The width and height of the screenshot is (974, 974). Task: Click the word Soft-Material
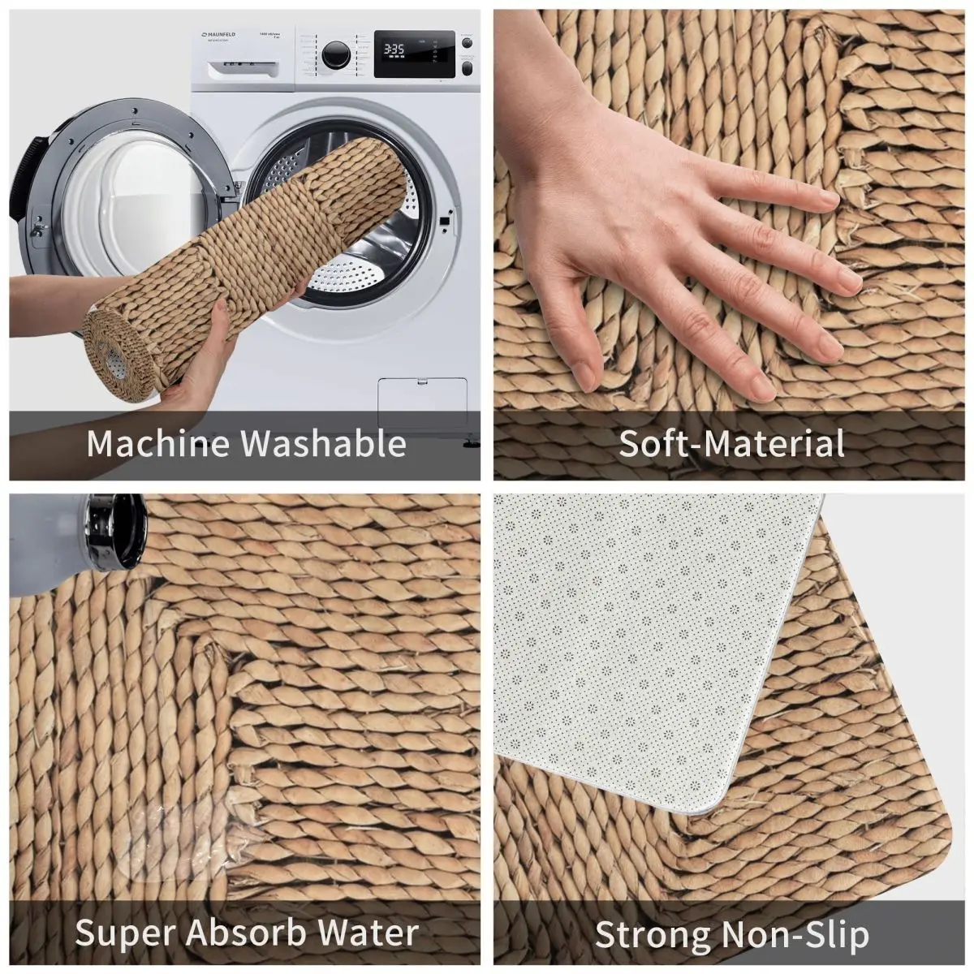731,443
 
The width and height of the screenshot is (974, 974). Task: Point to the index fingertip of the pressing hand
828,197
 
